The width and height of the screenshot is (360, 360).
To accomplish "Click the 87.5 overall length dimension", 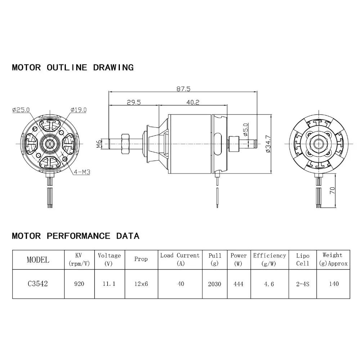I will pos(183,88).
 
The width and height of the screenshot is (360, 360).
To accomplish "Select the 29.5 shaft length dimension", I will pos(133,102).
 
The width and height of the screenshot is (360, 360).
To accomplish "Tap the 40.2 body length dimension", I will pos(193,102).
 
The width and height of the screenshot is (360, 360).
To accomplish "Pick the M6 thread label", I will pos(99,144).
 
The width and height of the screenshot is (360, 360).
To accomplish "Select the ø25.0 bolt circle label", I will pos(21,110).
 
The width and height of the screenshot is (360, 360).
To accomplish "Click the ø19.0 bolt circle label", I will pos(78,110).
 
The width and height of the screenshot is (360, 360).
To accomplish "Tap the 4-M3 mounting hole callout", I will pos(82,172).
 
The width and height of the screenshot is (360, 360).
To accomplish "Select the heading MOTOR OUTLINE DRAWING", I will pos(73,67).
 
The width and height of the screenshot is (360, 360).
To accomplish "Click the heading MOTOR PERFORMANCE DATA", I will pos(76,236).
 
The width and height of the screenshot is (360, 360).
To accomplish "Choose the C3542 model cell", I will pos(38,284).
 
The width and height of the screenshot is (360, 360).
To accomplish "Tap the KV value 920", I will pos(79,284).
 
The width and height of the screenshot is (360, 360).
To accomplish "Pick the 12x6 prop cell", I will pos(141,284).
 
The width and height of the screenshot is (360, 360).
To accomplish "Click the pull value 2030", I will pos(215,284).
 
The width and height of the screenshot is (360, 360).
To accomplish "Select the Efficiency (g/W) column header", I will pos(269,259).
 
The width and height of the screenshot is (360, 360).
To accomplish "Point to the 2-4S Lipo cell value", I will pos(302,284).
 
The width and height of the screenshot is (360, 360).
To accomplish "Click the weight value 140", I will pos(333,284).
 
